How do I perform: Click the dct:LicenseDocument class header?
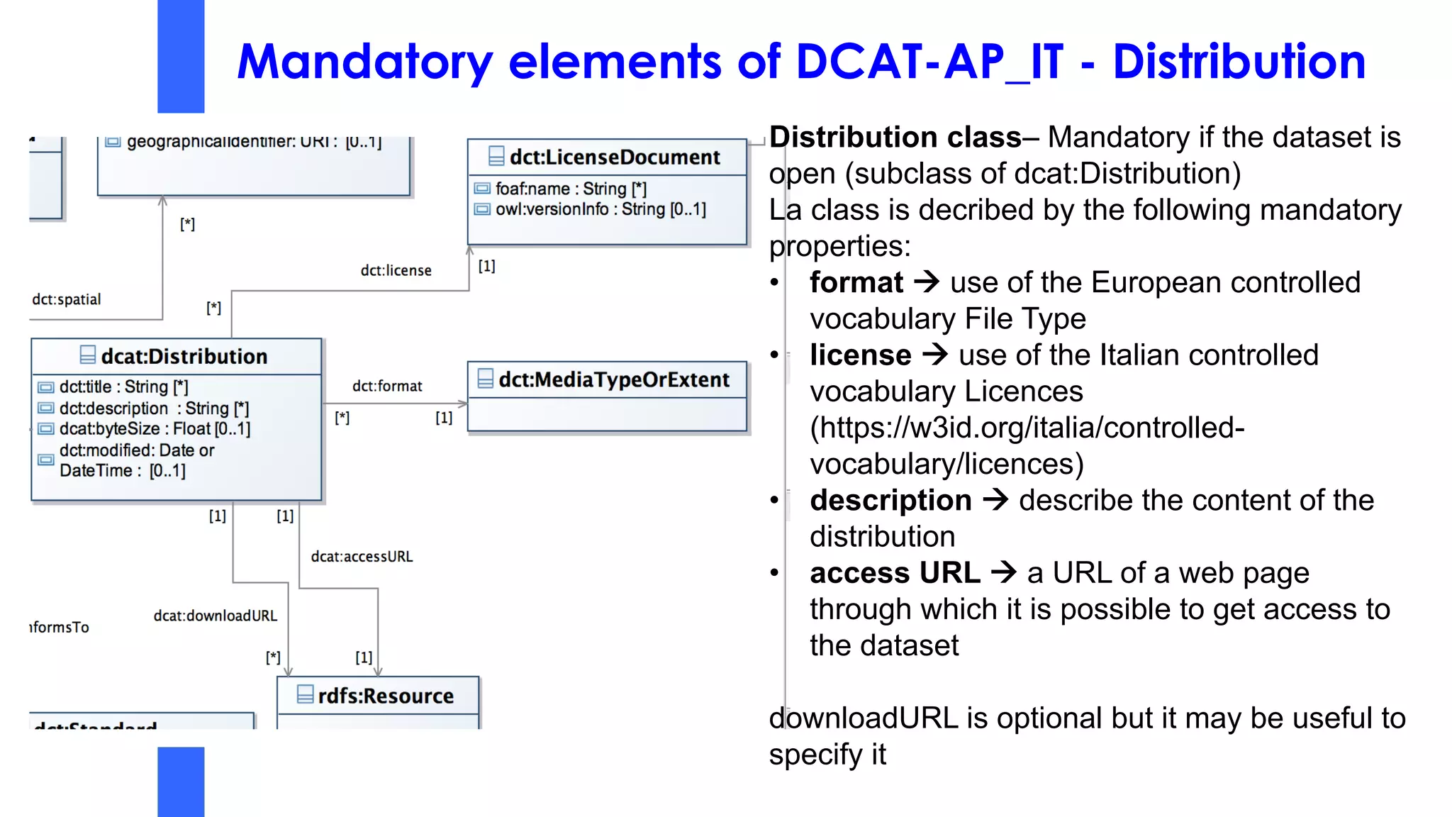point(614,157)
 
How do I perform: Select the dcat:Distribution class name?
point(184,356)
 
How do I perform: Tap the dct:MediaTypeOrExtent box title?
point(613,379)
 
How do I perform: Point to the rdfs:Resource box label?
point(385,696)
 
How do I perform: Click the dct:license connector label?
point(396,270)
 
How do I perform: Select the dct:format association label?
point(387,386)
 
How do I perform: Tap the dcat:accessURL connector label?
point(362,557)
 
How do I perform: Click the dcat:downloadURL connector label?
point(215,616)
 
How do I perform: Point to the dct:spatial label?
point(67,299)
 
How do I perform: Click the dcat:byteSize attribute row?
point(154,428)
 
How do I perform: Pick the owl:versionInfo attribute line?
point(600,209)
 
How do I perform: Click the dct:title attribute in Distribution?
point(123,387)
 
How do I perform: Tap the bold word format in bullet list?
point(856,282)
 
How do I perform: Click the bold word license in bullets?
point(860,355)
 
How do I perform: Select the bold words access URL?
point(895,572)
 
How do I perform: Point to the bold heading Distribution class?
point(895,137)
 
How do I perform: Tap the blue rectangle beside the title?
point(181,57)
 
